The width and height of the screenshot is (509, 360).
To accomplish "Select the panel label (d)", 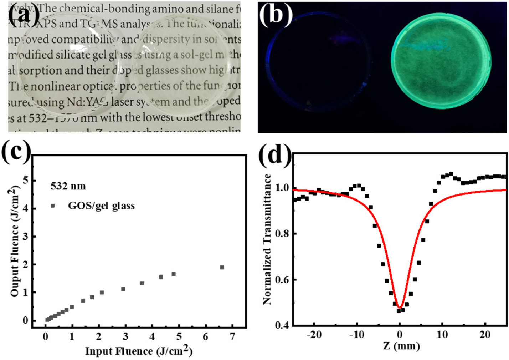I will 275,154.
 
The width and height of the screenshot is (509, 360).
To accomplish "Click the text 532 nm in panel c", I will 68,186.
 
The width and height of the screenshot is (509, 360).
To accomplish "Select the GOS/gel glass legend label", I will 101,206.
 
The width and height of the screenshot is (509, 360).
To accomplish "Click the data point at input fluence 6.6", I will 222,267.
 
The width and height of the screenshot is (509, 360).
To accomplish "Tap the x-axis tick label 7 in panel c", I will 232,336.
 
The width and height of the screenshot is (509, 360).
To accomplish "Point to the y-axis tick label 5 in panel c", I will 25,180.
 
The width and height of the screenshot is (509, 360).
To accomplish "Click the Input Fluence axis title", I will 139,351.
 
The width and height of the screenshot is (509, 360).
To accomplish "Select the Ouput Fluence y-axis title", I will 15,241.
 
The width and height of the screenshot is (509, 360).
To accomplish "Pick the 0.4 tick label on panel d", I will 282,325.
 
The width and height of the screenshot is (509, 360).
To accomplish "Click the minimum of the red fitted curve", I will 400,308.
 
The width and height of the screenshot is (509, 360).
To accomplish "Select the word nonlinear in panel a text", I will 57,86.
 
